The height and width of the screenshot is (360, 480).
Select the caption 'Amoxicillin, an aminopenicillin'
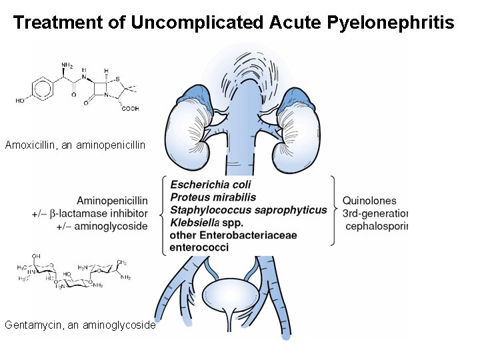pos(75,145)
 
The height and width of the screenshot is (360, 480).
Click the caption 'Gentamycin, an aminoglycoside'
pos(80,325)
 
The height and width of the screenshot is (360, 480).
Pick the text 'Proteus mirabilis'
pos(213,197)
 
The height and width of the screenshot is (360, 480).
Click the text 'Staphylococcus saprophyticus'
pos(248,210)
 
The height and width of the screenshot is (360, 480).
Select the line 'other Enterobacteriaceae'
pos(224,235)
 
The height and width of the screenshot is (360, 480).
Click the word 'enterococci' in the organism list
pos(199,247)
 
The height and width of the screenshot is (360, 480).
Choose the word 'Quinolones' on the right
pos(369,201)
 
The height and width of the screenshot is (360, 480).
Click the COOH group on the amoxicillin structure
pos(129,109)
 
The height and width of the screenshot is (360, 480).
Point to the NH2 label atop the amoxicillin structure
pos(67,65)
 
